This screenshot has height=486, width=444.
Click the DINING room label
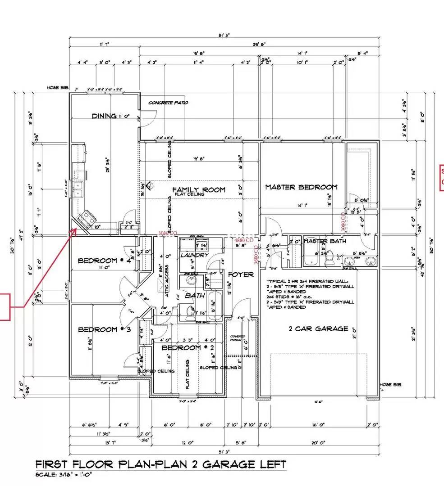pos(104,116)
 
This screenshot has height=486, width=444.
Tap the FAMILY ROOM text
pos(198,190)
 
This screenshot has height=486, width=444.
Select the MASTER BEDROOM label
pos(301,187)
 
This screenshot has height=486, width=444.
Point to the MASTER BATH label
pos(325,241)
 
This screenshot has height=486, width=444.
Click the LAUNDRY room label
pos(195,255)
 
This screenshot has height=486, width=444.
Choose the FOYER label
pos(241,274)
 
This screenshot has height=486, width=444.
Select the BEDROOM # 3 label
pos(104,329)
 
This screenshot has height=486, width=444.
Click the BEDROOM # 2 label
pos(181,348)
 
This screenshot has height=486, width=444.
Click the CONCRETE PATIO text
pos(169,103)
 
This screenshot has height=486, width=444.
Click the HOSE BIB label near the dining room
pos(57,88)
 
